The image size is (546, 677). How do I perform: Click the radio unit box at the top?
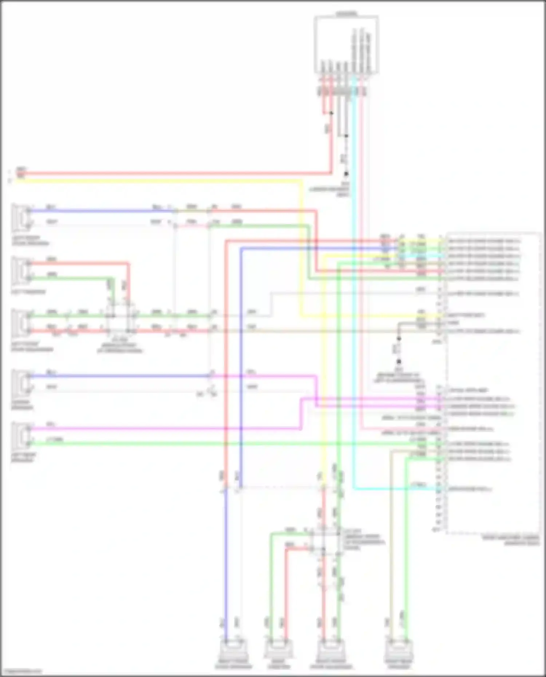346,44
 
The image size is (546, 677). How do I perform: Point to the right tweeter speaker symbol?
278,649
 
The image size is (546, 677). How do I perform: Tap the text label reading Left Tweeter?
28,292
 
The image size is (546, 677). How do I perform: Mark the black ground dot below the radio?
346,174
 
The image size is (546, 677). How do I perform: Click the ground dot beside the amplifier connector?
399,362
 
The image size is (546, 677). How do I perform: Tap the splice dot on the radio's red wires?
331,113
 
